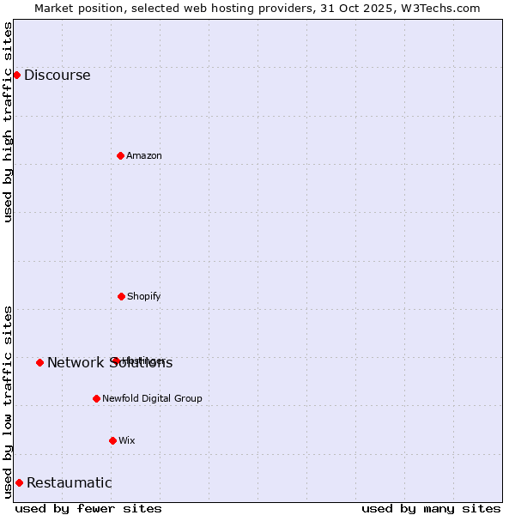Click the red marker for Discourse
coord(16,75)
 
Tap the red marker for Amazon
coord(120,155)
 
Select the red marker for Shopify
coord(121,296)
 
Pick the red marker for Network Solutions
coord(39,362)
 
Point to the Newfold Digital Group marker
coord(96,398)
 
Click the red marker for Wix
coord(112,440)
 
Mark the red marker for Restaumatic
coord(19,482)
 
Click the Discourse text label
coord(57,75)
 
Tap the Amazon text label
coord(144,155)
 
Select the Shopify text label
coord(144,296)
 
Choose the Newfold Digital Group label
coord(152,398)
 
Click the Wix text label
coord(127,440)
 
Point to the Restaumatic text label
coord(69,482)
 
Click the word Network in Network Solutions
coord(76,362)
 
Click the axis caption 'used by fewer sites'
coord(88,508)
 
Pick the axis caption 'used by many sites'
coord(431,508)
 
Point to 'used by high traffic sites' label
coord(8,122)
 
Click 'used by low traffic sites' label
coord(8,402)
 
